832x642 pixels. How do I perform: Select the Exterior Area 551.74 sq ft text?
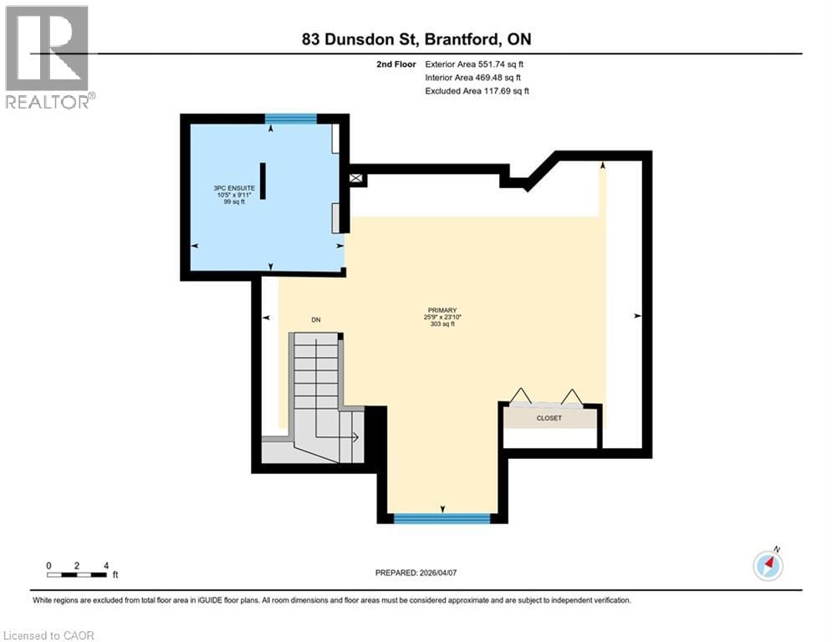(x=474, y=64)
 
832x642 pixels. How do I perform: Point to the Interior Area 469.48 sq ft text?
(x=473, y=77)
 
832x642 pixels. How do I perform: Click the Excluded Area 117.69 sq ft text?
(x=477, y=90)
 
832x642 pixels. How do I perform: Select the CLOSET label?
(x=549, y=418)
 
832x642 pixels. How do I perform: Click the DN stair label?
(x=316, y=320)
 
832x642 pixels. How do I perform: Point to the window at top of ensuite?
(x=291, y=119)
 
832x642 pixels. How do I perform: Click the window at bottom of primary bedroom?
(x=442, y=518)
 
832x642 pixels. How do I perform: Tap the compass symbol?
(x=768, y=566)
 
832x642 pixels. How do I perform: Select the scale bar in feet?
(x=77, y=574)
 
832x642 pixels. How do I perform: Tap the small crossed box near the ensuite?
(x=357, y=179)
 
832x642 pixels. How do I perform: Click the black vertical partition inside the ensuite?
(x=263, y=181)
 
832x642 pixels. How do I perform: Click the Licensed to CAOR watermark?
(x=49, y=635)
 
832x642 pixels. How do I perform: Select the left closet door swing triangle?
(x=521, y=395)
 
